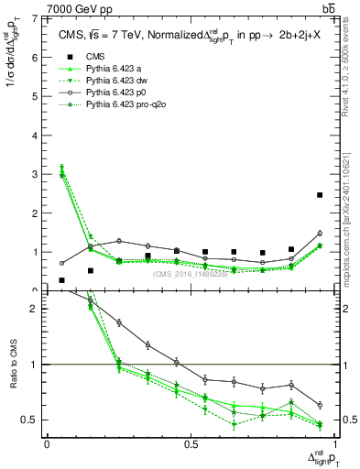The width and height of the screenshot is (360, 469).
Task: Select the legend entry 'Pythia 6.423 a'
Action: pyautogui.click(x=115, y=71)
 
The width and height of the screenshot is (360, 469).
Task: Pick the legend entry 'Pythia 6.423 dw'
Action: pyautogui.click(x=119, y=82)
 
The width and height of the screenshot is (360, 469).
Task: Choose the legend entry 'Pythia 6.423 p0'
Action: pyautogui.click(x=119, y=94)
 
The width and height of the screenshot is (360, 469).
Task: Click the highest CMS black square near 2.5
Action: pyautogui.click(x=319, y=195)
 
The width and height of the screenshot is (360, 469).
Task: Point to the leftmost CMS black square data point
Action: pyautogui.click(x=61, y=280)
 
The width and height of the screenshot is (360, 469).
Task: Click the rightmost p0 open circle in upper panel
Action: pyautogui.click(x=319, y=234)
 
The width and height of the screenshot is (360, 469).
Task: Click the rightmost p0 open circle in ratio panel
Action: pyautogui.click(x=319, y=405)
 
